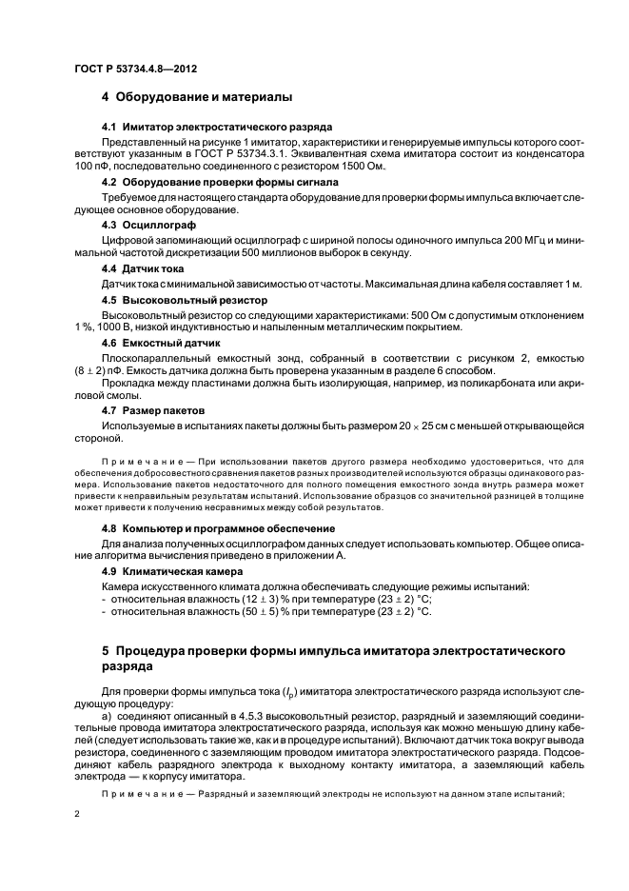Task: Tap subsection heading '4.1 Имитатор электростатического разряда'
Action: pyautogui.click(x=217, y=127)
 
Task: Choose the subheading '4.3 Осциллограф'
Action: pyautogui.click(x=148, y=225)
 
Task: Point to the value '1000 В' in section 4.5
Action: pyautogui.click(x=116, y=327)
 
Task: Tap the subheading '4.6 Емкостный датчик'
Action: pyautogui.click(x=161, y=342)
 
